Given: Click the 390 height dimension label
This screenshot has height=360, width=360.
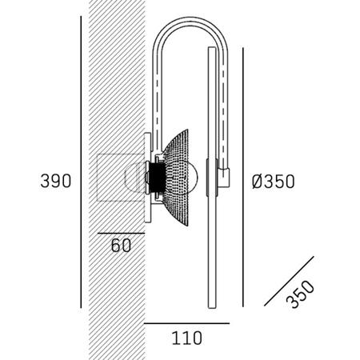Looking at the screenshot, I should pyautogui.click(x=56, y=181).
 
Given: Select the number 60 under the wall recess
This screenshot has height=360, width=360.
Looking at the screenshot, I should pyautogui.click(x=121, y=246).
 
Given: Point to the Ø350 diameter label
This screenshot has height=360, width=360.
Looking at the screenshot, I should pyautogui.click(x=273, y=181).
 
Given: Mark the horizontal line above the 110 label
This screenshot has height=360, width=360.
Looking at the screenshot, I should pyautogui.click(x=186, y=323).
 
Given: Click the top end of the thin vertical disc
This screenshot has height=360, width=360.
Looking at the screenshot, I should pyautogui.click(x=212, y=50).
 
